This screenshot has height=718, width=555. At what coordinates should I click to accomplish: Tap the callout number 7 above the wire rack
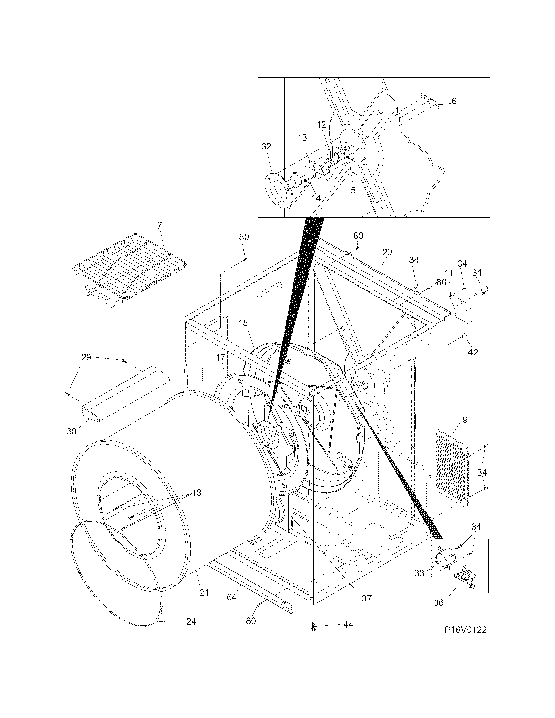tap(159, 226)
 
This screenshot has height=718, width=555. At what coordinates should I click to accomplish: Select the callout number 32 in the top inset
tap(266, 146)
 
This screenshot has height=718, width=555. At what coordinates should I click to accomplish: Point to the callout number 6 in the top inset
tap(454, 101)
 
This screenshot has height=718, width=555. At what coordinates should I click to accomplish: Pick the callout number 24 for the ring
tap(191, 621)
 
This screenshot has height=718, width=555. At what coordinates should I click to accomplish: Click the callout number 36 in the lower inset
tap(438, 602)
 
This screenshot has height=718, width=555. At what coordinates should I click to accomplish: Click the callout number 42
tap(473, 352)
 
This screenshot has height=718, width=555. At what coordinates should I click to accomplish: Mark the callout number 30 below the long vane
tap(71, 431)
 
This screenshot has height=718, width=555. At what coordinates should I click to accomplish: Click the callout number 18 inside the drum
tap(197, 493)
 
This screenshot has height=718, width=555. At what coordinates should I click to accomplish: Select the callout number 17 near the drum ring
tap(220, 357)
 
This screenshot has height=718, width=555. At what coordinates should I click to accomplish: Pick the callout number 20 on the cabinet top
tap(387, 252)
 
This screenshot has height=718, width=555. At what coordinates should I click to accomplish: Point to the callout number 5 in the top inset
tap(353, 190)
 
